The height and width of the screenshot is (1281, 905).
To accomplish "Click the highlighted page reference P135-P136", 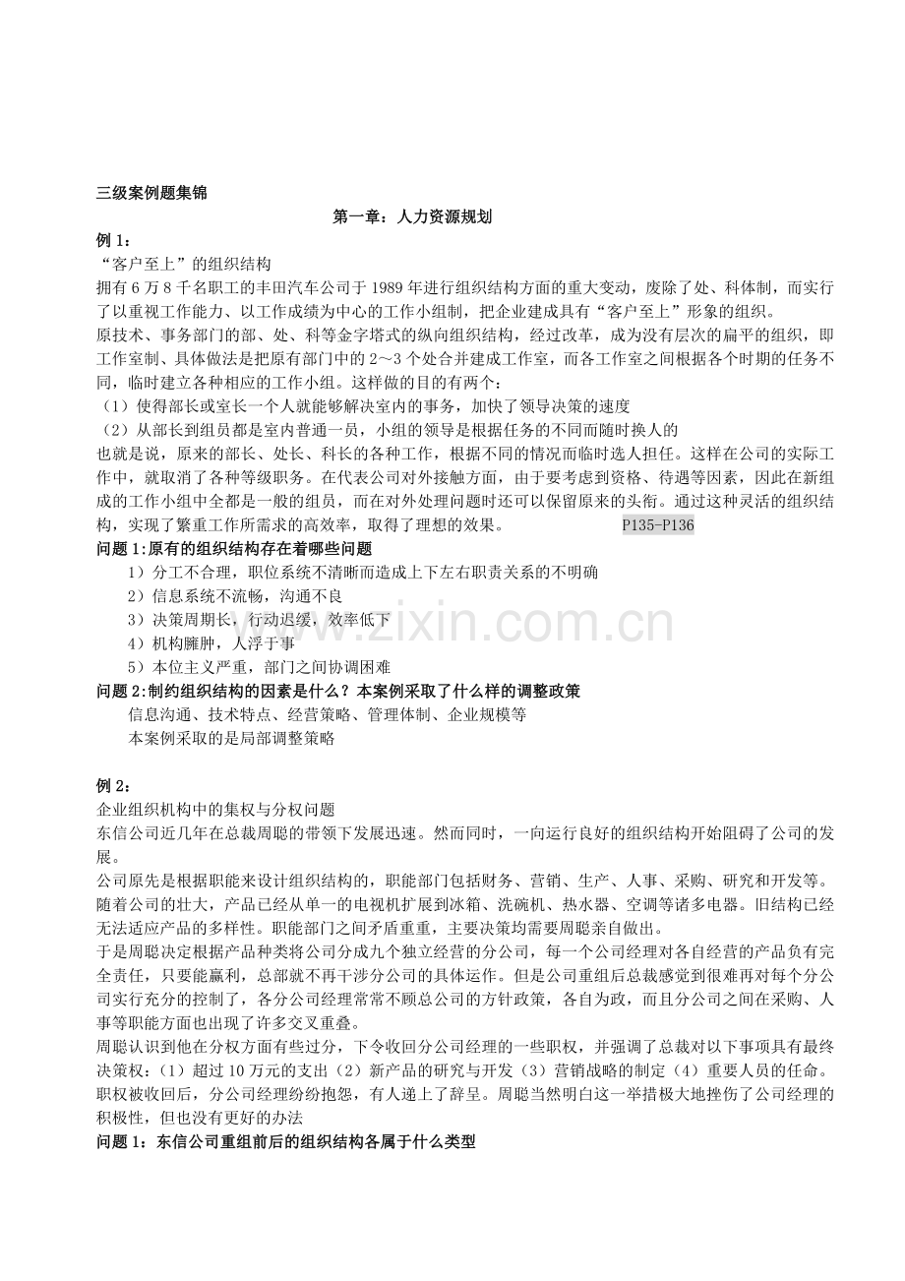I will click(x=658, y=525).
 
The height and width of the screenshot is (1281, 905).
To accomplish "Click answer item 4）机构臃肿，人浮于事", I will click(x=211, y=643).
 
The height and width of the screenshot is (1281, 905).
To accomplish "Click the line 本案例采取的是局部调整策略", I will click(x=231, y=738).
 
